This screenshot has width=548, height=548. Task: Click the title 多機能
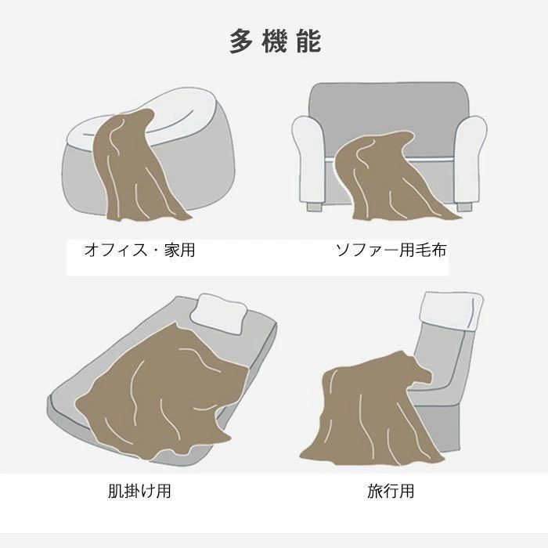tap(275, 41)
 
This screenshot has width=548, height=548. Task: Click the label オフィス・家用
tap(139, 251)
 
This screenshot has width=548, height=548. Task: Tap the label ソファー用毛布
tap(391, 251)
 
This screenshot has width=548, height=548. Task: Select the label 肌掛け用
tap(139, 492)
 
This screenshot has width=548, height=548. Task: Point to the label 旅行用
tap(391, 492)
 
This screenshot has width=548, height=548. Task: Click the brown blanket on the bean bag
tap(133, 164)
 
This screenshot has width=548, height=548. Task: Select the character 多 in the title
tap(241, 41)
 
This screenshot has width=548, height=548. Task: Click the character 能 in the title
tap(309, 41)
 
